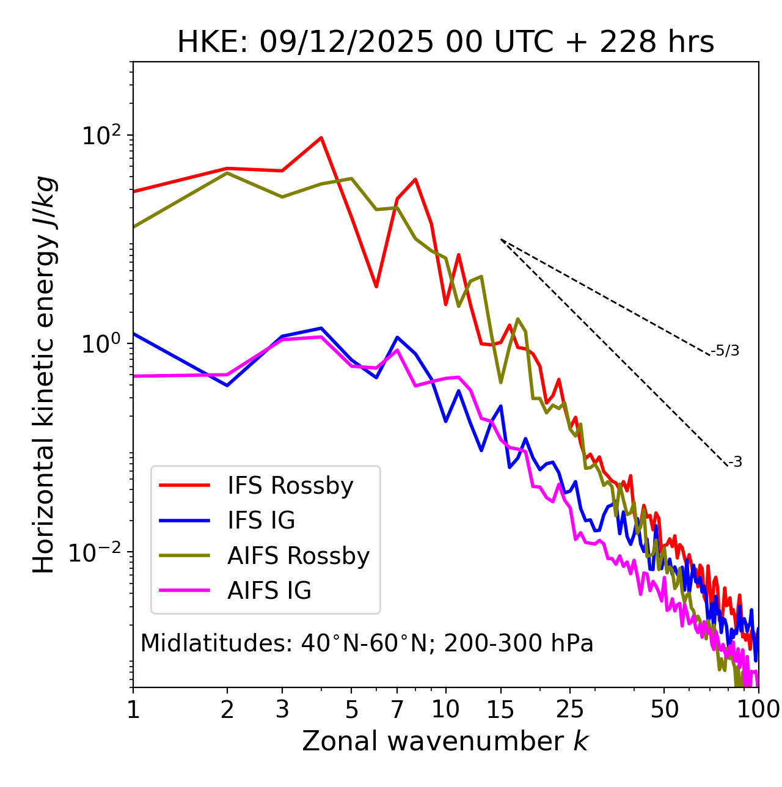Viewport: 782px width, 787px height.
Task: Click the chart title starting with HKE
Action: pyautogui.click(x=445, y=43)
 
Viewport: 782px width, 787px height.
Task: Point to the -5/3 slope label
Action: pyautogui.click(x=725, y=351)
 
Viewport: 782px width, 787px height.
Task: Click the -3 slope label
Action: pyautogui.click(x=735, y=463)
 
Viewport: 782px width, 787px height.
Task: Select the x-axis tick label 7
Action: pyautogui.click(x=397, y=709)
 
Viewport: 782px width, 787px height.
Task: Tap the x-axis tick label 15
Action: pyautogui.click(x=500, y=709)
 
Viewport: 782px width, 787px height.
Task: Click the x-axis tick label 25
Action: pyautogui.click(x=570, y=709)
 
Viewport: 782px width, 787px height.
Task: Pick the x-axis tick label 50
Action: pyautogui.click(x=664, y=709)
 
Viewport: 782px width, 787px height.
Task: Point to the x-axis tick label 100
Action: pyautogui.click(x=758, y=709)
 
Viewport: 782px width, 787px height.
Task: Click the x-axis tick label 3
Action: pyautogui.click(x=282, y=709)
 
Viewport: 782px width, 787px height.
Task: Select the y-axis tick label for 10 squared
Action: pyautogui.click(x=100, y=136)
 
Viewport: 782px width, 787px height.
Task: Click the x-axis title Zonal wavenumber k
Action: pyautogui.click(x=445, y=741)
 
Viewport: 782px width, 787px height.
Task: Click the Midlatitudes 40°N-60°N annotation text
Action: pyautogui.click(x=367, y=643)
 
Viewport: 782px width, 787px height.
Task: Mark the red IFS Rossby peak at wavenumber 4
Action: pyautogui.click(x=321, y=137)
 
